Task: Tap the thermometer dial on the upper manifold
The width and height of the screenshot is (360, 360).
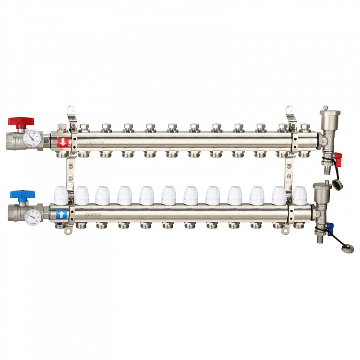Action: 32,137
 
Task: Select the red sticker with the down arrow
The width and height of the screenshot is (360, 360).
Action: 62,142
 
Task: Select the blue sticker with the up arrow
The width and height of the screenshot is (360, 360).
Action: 61,214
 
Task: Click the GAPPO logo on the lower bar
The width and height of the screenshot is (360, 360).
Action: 94,215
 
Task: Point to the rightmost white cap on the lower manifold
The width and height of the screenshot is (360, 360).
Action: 300,195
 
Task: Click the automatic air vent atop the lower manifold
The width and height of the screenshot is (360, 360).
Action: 320,192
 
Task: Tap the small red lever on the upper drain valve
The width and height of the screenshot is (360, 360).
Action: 338,157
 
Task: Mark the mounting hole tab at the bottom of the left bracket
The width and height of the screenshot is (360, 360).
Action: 69,232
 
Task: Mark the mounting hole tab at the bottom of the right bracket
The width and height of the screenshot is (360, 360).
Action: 287,231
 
